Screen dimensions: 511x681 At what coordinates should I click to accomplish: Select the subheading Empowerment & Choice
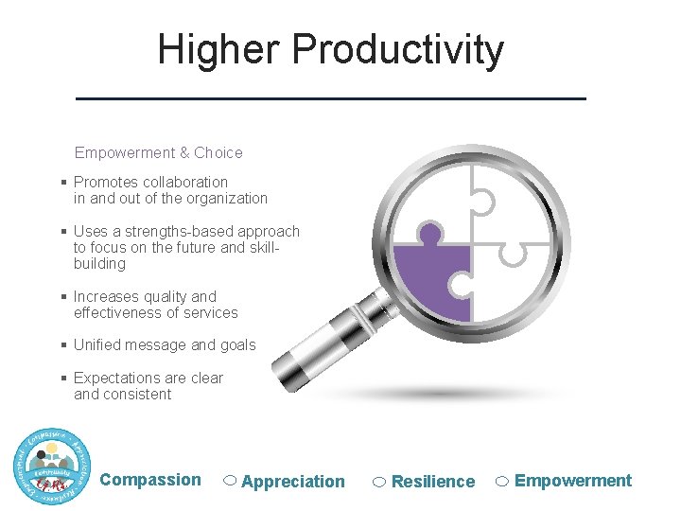(158, 152)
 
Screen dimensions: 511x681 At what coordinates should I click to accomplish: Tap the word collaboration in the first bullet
(185, 182)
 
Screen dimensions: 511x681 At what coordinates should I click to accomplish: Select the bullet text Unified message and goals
(165, 344)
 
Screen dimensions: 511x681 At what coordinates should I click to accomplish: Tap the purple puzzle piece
(430, 279)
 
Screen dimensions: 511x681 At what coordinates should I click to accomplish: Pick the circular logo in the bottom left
(53, 466)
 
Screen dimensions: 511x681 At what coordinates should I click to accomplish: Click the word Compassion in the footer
(150, 480)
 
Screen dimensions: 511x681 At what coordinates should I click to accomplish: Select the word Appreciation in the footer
(293, 482)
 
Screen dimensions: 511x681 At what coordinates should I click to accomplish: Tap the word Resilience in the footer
(433, 482)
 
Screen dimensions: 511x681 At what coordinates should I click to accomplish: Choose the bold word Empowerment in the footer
(573, 481)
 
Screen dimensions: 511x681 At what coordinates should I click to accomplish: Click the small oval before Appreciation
(230, 481)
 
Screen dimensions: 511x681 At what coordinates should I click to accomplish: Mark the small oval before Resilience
(379, 482)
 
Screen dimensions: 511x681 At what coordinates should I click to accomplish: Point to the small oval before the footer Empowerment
(503, 481)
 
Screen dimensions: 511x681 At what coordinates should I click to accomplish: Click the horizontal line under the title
(331, 98)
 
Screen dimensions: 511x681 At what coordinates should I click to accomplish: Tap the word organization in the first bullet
(227, 198)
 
